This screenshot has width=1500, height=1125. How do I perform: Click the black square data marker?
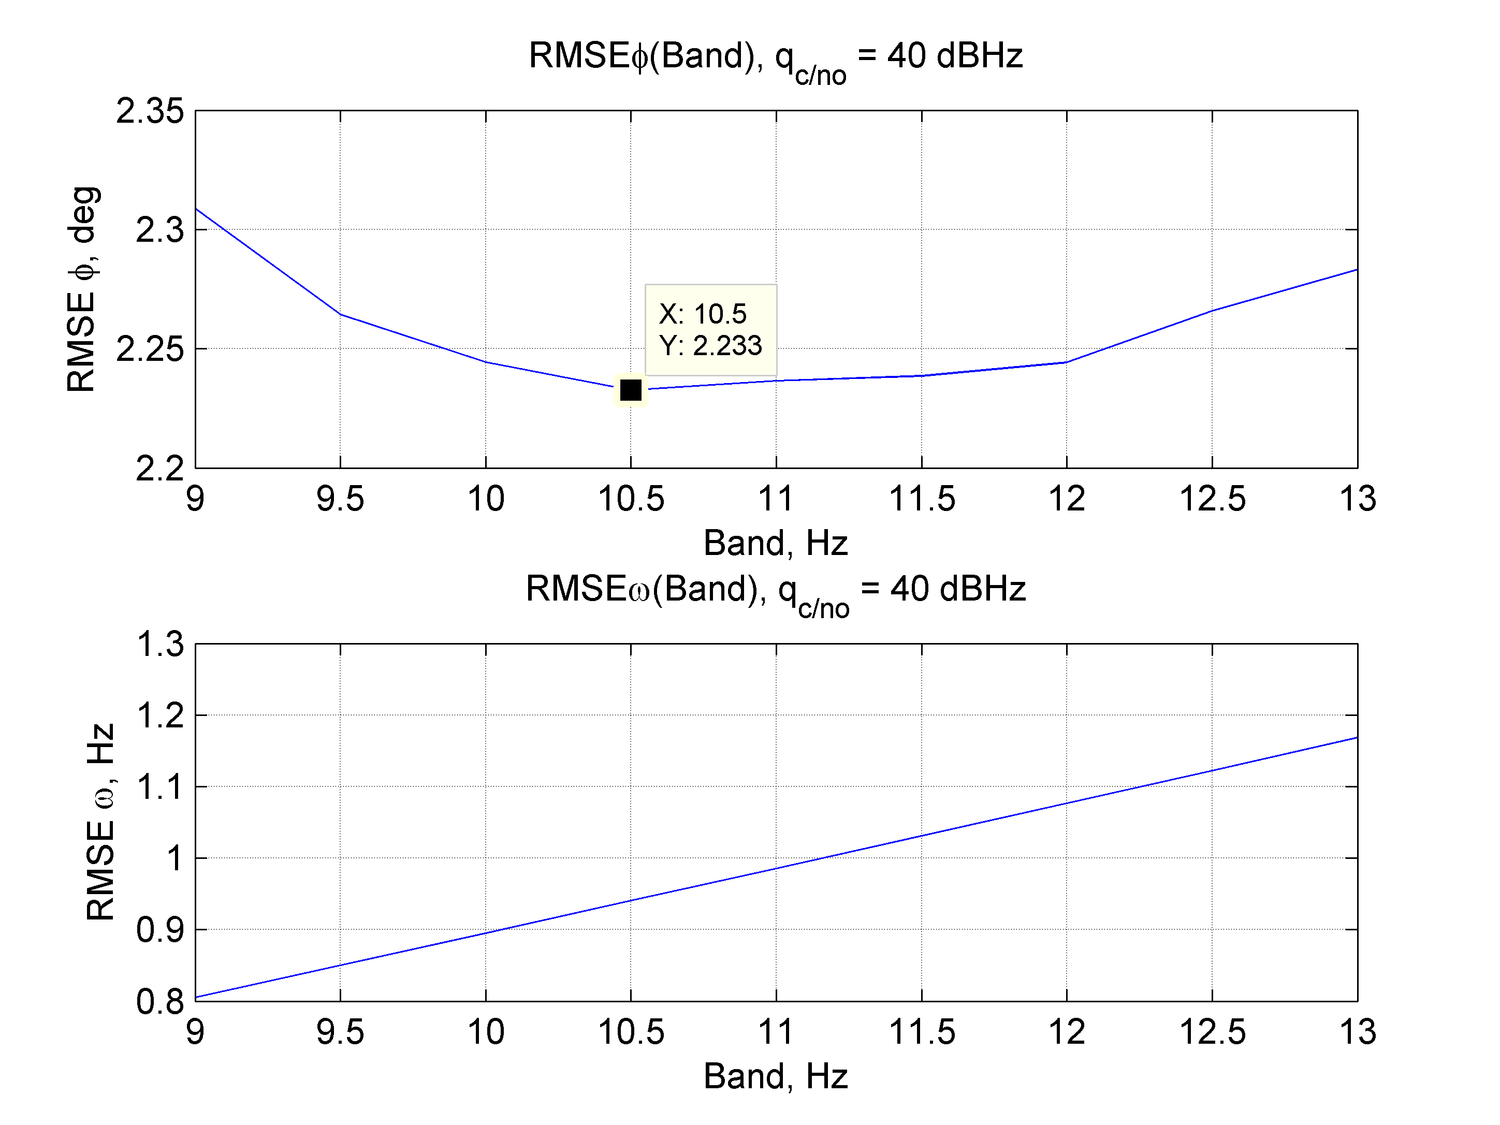631,390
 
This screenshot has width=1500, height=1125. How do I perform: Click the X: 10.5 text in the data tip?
702,314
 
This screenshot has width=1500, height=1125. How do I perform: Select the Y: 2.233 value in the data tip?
710,346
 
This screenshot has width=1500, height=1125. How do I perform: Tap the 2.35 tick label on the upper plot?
150,111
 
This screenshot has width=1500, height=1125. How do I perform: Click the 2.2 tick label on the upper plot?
159,469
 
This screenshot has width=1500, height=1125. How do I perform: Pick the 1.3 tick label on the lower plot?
160,644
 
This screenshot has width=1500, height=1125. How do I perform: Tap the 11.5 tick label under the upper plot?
922,499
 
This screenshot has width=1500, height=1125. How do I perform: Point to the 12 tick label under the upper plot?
1067,499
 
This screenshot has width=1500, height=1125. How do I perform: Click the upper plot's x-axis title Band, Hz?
776,543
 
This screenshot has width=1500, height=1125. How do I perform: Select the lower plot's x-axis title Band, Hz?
776,1076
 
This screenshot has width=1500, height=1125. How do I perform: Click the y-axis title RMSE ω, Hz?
100,822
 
